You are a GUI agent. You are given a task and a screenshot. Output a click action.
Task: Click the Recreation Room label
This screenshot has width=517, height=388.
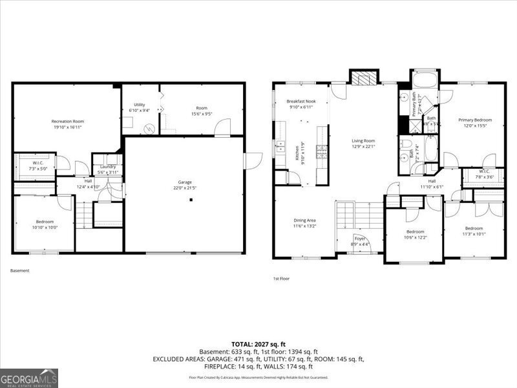[x=68, y=122]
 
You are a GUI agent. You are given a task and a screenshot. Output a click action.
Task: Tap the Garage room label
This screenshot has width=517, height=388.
[x=184, y=183]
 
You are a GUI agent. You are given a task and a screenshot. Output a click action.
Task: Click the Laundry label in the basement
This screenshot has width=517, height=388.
[x=107, y=167]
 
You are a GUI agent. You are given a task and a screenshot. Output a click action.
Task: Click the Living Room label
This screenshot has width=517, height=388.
[x=363, y=140]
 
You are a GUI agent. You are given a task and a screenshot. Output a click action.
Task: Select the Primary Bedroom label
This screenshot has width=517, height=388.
[x=475, y=120]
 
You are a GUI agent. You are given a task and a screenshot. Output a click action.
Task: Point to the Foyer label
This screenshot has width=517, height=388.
[x=360, y=239]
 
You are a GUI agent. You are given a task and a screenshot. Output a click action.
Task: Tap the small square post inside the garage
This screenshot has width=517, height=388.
[x=191, y=200]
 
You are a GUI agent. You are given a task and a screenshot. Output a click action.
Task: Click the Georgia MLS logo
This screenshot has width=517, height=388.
[x=29, y=377]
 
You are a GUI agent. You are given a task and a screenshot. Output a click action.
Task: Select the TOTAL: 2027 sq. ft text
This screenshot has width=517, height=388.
[x=258, y=344]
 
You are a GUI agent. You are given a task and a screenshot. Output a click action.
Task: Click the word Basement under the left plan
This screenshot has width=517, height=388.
[x=20, y=270]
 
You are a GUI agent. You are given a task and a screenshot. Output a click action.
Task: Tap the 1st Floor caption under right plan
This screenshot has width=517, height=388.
[x=281, y=279]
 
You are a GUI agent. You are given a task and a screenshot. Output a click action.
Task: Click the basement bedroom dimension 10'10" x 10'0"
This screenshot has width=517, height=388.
[x=45, y=227]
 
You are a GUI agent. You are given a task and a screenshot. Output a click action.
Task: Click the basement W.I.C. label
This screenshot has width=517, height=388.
[x=34, y=163]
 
